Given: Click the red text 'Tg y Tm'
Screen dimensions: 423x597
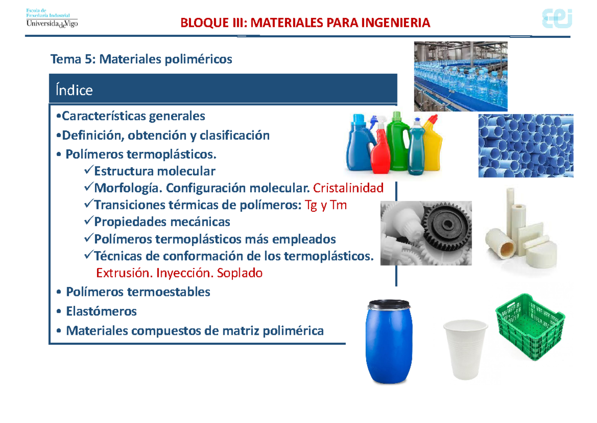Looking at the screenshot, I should coord(325,205).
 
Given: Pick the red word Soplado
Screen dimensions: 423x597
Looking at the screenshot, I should coord(242,273).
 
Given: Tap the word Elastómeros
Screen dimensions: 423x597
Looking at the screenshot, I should coord(101,311).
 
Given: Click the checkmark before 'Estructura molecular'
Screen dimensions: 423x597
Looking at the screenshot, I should coord(89,171).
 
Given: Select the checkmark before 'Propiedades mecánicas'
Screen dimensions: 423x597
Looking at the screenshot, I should coord(89,221).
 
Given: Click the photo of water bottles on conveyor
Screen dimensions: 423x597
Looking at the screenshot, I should coord(461,76).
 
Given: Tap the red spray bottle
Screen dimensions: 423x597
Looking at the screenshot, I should coord(381,149).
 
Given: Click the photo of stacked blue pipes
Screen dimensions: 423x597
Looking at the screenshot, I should coord(525,145).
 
